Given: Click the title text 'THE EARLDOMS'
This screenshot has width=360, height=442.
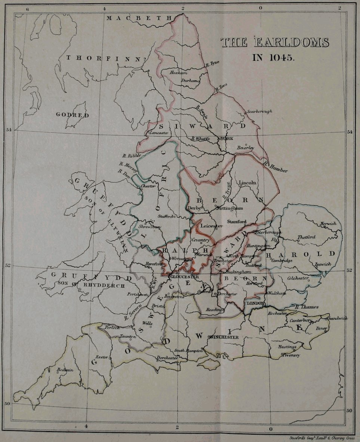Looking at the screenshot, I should (275, 43).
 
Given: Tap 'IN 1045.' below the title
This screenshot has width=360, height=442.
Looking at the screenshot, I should (274, 58).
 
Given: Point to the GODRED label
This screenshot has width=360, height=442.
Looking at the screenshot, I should (73, 115).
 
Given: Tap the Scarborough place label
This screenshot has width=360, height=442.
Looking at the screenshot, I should (259, 111).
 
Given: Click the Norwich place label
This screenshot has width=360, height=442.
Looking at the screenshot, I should (328, 224).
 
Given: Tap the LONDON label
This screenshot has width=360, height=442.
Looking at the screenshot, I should (256, 303).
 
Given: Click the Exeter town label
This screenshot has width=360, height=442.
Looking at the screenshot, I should (102, 357).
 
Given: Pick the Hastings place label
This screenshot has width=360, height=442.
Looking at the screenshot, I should (287, 347).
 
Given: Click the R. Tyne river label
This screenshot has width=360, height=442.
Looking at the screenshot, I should (212, 64).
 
